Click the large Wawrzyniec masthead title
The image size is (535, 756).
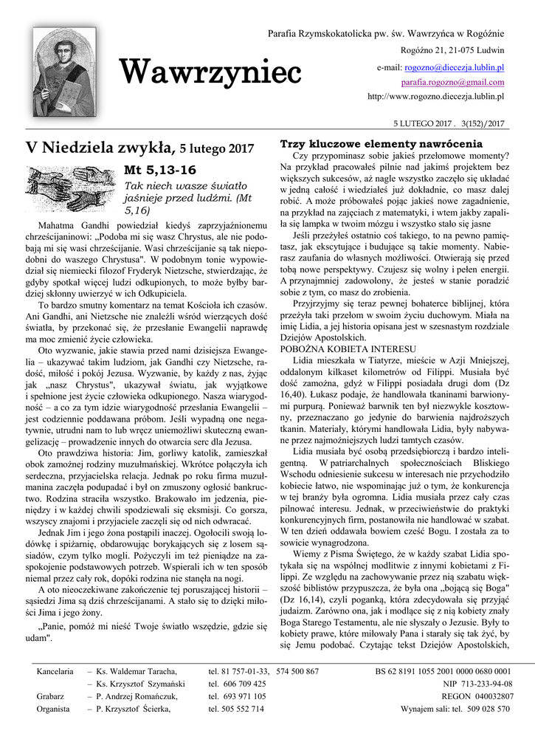210,73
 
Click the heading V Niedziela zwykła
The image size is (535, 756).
100,147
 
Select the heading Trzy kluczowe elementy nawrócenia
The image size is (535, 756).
381,143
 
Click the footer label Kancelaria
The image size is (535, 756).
55,671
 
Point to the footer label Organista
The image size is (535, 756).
53,709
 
